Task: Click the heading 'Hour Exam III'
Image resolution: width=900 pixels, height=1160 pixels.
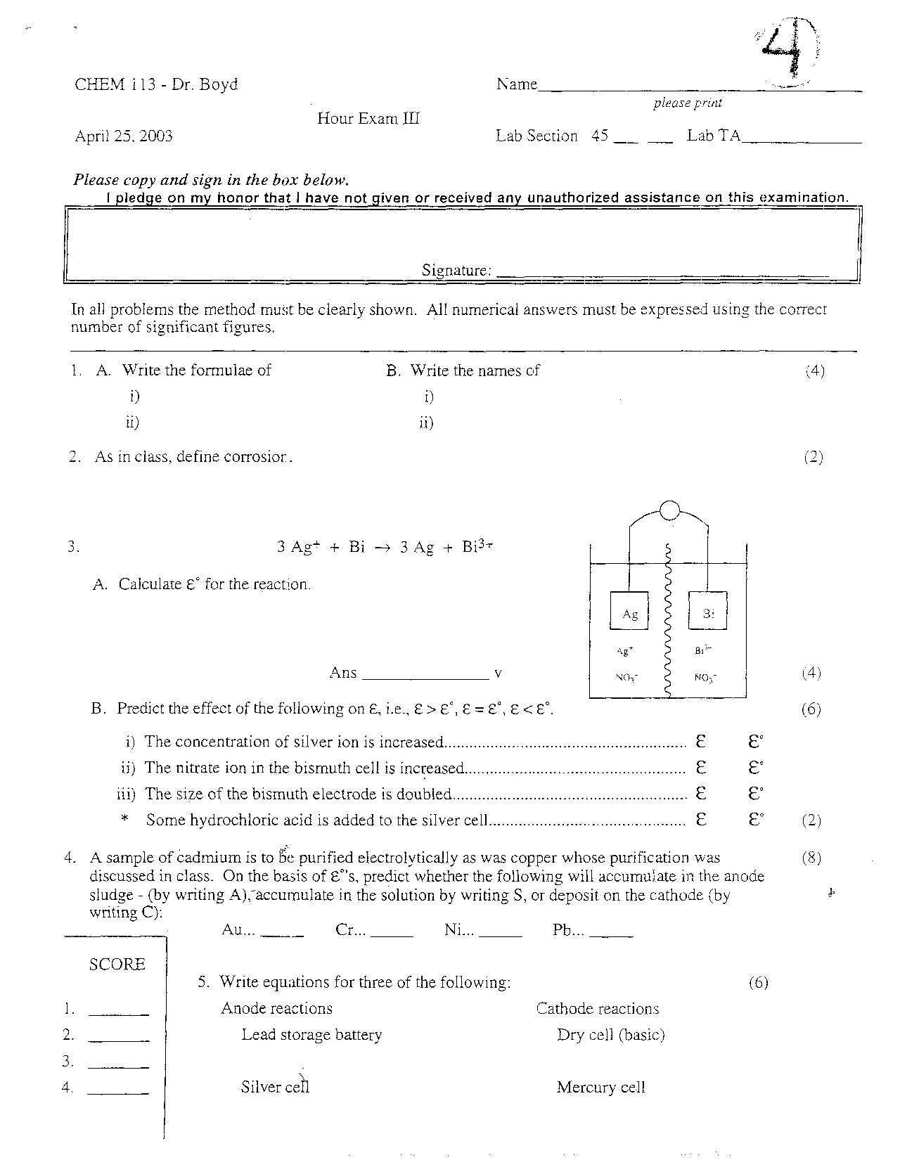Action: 368,118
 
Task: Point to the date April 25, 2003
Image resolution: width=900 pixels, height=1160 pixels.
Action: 124,136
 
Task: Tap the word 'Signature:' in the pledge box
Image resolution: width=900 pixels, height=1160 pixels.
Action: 456,270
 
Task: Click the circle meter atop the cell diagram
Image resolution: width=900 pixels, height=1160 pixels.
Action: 669,510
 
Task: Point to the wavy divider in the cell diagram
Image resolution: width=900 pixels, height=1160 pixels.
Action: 668,619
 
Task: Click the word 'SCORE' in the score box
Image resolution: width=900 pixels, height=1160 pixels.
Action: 117,965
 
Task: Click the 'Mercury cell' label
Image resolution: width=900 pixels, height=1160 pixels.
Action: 600,1088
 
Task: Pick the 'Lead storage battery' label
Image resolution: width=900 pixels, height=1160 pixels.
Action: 311,1035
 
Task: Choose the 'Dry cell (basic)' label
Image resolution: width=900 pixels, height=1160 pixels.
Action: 610,1035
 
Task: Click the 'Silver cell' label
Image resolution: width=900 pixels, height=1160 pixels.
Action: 275,1087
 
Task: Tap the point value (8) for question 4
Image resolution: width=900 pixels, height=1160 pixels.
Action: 811,858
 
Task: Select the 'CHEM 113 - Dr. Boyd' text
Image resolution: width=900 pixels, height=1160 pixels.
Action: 156,84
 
